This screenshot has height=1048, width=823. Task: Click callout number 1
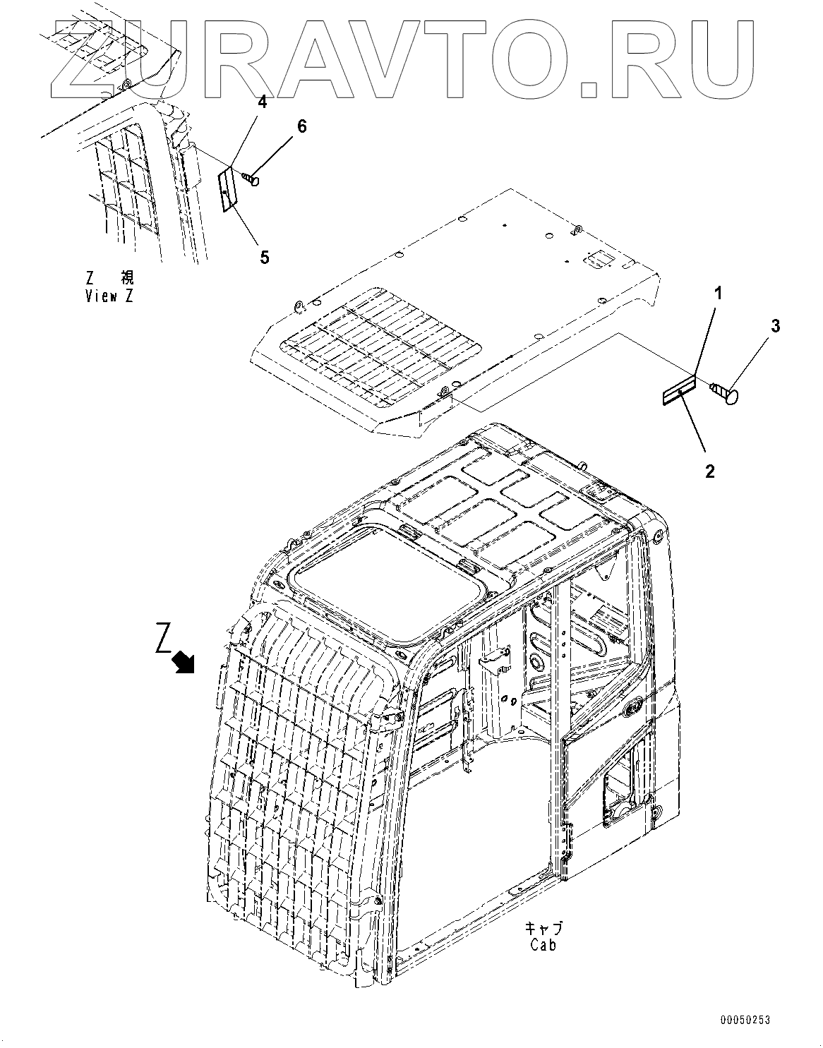tap(718, 293)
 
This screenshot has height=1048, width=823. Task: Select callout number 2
tap(709, 471)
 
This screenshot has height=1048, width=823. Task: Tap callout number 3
tap(775, 326)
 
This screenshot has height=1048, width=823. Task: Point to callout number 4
tap(262, 102)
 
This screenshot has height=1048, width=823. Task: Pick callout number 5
tap(264, 257)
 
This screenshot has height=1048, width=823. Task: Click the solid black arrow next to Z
tap(186, 661)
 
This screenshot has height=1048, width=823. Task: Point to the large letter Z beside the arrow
tap(164, 638)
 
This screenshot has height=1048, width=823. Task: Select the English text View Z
tap(109, 296)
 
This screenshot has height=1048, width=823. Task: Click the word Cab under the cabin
tap(543, 944)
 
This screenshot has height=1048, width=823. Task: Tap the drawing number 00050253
tap(745, 1020)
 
